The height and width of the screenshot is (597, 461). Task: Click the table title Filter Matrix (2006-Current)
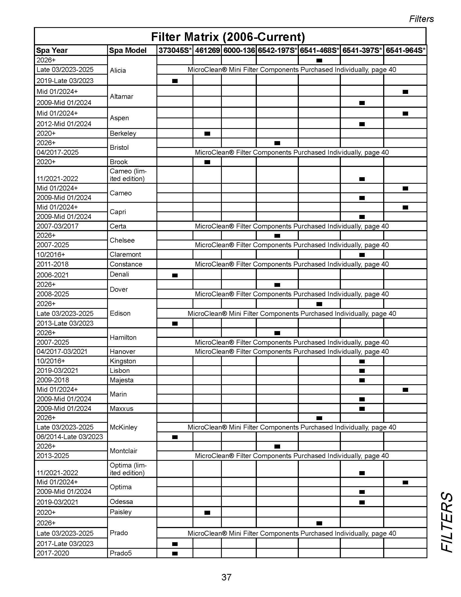click(x=228, y=37)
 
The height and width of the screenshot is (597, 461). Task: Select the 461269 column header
click(x=207, y=50)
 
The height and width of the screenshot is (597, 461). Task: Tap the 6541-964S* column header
click(x=405, y=50)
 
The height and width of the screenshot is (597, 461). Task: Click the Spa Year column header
click(x=52, y=50)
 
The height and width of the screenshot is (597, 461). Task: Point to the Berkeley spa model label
click(x=123, y=134)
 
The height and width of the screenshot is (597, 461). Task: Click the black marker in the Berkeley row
click(x=207, y=134)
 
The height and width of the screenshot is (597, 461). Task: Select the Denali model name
click(x=119, y=274)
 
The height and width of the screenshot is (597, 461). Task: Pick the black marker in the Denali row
click(x=175, y=275)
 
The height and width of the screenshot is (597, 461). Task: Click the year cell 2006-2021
click(x=53, y=275)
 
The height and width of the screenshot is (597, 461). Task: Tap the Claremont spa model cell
click(x=125, y=255)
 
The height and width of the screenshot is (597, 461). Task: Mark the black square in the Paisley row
click(x=207, y=513)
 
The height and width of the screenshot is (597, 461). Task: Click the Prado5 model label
click(x=121, y=553)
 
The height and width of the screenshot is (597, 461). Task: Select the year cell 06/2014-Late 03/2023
click(x=70, y=437)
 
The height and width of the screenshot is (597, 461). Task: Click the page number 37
click(x=226, y=577)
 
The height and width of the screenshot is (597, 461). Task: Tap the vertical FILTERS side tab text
click(x=447, y=522)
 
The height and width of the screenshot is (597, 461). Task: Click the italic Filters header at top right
click(x=421, y=19)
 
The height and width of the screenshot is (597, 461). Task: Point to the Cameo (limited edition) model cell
click(x=128, y=175)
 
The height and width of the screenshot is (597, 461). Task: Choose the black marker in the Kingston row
click(x=362, y=361)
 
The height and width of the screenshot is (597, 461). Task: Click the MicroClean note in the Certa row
click(x=292, y=226)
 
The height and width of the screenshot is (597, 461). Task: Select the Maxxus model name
click(x=121, y=409)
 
